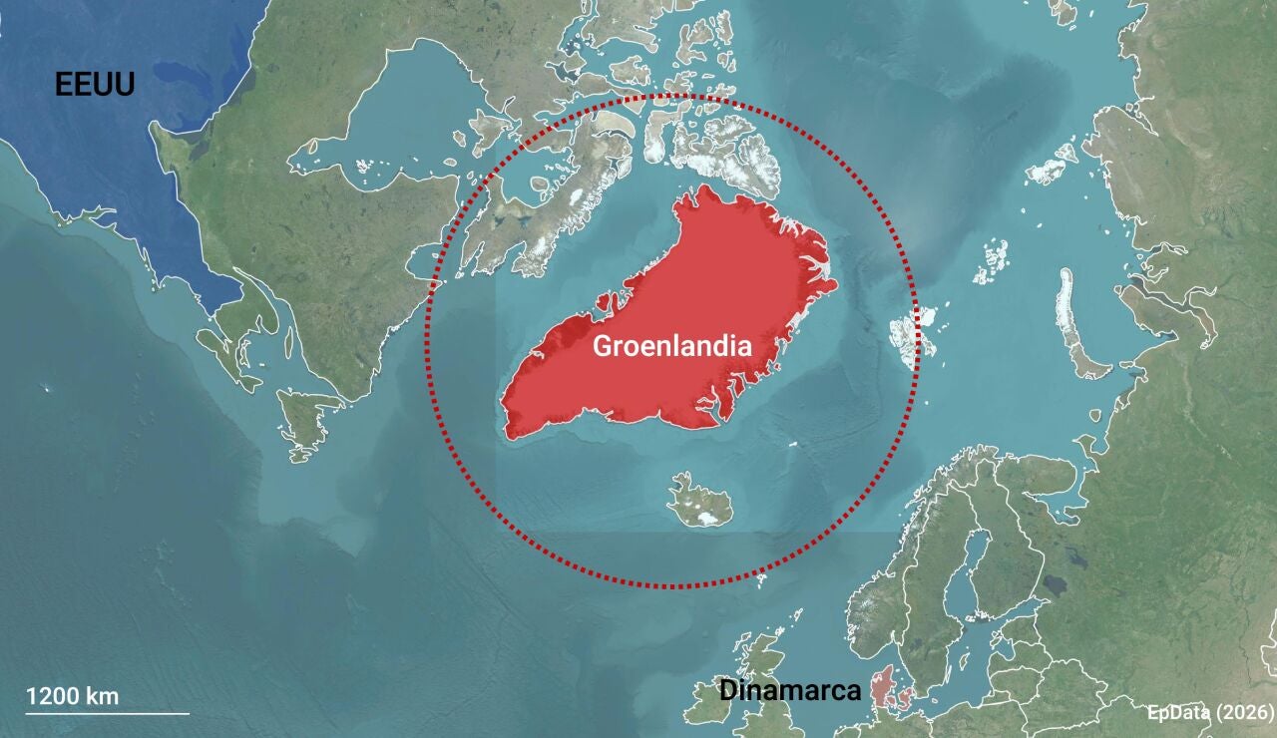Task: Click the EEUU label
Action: [95, 85]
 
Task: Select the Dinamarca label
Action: [789, 691]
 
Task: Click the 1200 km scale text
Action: [72, 696]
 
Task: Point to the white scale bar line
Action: [107, 713]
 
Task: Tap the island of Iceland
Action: [699, 502]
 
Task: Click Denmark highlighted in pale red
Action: [884, 689]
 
